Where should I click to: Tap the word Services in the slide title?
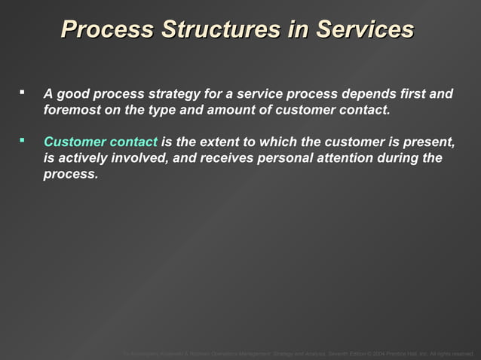tap(364, 29)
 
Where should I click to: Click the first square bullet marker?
tap(23, 93)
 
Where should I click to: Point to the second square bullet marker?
tap(23, 140)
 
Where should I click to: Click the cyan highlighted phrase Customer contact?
tap(100, 142)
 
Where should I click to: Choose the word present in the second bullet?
tap(429, 142)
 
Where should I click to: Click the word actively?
tap(81, 158)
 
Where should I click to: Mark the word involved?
tap(140, 158)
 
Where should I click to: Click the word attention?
tap(352, 158)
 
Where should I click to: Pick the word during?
tap(409, 158)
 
